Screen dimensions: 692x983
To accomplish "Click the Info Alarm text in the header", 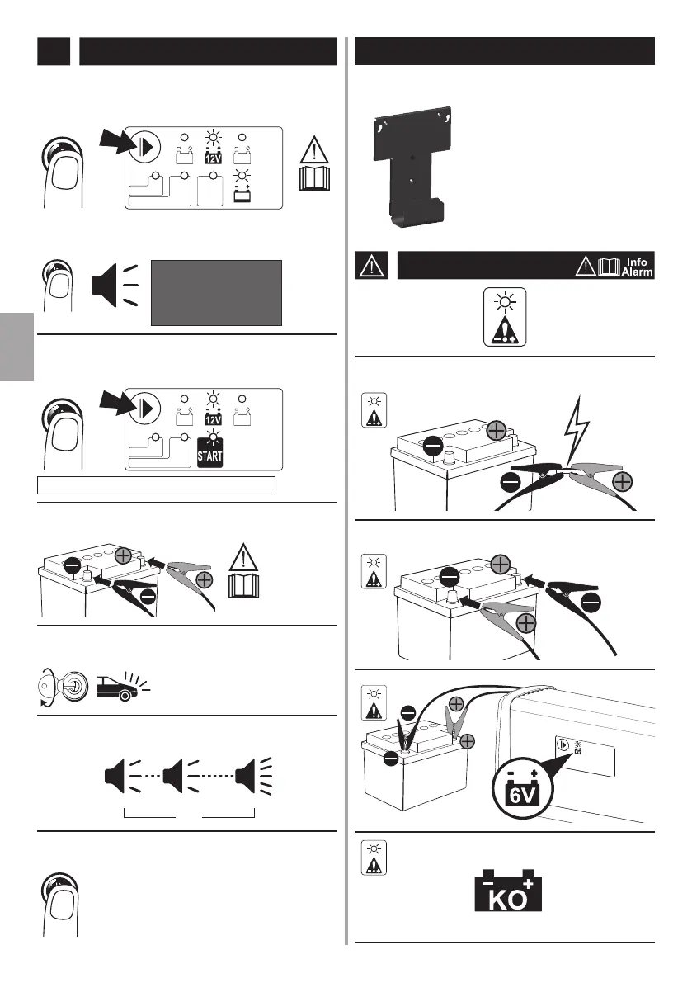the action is [x=637, y=267].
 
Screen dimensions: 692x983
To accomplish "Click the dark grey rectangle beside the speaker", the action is [x=216, y=293].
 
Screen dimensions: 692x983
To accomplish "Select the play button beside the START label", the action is [x=146, y=408].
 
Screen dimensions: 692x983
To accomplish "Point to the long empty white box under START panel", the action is [x=157, y=484].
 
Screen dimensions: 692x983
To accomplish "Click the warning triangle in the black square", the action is [x=371, y=266].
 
